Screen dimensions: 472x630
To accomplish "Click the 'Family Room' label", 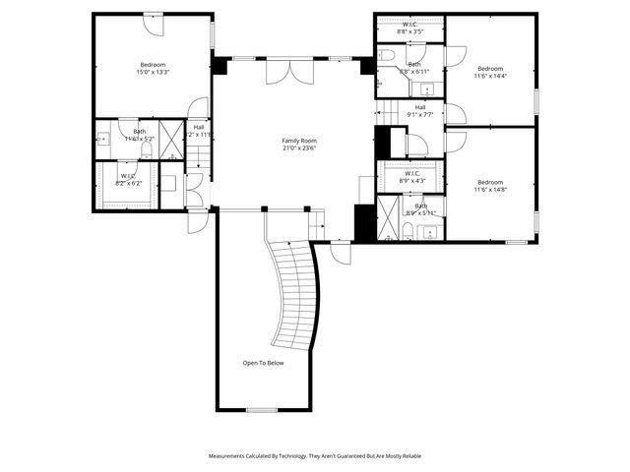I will pyautogui.click(x=296, y=142).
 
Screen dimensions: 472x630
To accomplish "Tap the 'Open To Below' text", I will pyautogui.click(x=263, y=363).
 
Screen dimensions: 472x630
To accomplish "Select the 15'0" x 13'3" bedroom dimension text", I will pyautogui.click(x=152, y=72).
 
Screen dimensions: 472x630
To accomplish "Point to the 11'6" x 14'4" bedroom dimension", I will pyautogui.click(x=489, y=76).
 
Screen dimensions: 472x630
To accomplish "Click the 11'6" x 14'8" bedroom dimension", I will pyautogui.click(x=489, y=189).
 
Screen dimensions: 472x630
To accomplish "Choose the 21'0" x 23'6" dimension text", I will pyautogui.click(x=296, y=149).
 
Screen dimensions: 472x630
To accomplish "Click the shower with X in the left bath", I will pyautogui.click(x=172, y=139).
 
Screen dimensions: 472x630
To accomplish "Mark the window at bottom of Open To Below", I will pyautogui.click(x=261, y=410).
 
